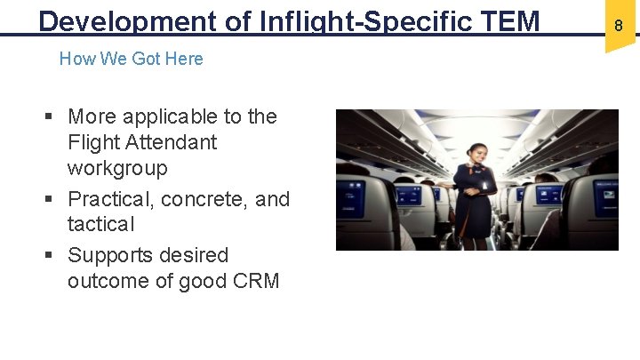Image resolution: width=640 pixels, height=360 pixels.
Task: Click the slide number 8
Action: (x=619, y=27)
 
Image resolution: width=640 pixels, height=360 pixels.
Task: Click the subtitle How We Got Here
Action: (x=131, y=59)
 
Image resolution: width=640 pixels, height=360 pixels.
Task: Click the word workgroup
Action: (x=117, y=168)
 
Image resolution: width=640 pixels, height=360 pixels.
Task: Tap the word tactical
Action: (x=101, y=224)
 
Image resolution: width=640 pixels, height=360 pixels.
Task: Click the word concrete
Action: (x=200, y=199)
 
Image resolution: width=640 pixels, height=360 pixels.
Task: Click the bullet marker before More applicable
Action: (x=51, y=117)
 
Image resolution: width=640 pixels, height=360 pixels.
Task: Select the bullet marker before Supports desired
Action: (x=51, y=256)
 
